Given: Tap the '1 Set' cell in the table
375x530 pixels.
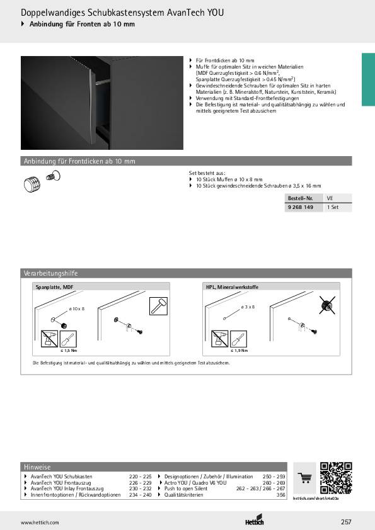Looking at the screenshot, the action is (x=333, y=206).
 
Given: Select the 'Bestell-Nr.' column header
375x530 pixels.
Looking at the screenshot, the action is (x=300, y=198).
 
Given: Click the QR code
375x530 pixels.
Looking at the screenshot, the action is (x=336, y=478).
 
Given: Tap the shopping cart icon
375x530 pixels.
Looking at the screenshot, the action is (x=305, y=478).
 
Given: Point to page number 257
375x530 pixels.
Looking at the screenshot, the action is (x=346, y=522).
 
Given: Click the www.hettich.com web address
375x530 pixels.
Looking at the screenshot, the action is (x=40, y=522).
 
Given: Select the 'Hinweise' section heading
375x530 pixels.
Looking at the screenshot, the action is (x=37, y=468).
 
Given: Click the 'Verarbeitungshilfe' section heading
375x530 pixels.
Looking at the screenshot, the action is (x=50, y=274).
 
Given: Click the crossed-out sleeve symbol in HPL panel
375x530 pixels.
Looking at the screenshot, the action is (x=326, y=306).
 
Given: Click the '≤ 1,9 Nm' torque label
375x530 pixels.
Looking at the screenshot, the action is (x=239, y=350).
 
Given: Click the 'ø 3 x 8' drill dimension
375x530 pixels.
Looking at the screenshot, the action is (x=248, y=307).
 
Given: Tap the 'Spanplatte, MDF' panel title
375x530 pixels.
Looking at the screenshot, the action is (x=55, y=287).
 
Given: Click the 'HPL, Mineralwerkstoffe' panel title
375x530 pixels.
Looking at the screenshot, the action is (x=232, y=287).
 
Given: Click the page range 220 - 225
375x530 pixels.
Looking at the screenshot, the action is (x=141, y=476).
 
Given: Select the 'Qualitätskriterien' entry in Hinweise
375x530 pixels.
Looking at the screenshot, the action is (x=185, y=495).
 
